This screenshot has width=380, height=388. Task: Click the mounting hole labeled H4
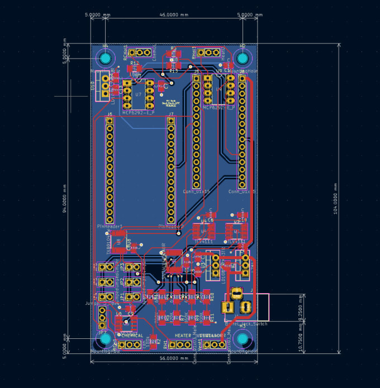[105, 58]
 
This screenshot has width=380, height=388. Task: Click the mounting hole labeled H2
[243, 58]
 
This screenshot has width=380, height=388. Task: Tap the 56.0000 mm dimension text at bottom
[174, 358]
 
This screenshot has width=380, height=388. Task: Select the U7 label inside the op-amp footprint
[138, 94]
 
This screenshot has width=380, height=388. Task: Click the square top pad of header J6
[110, 121]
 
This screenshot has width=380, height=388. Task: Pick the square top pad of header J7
[171, 121]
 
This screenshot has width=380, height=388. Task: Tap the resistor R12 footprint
[134, 69]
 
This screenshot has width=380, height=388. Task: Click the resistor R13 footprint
[173, 66]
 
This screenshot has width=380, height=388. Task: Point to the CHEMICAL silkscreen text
[132, 336]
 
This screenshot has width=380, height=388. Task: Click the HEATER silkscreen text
[183, 336]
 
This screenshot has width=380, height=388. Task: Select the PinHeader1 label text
[110, 226]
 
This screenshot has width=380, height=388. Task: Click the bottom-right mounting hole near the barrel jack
[243, 338]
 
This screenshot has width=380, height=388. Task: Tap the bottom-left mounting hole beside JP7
[105, 338]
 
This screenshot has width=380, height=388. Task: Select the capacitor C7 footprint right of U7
[162, 85]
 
